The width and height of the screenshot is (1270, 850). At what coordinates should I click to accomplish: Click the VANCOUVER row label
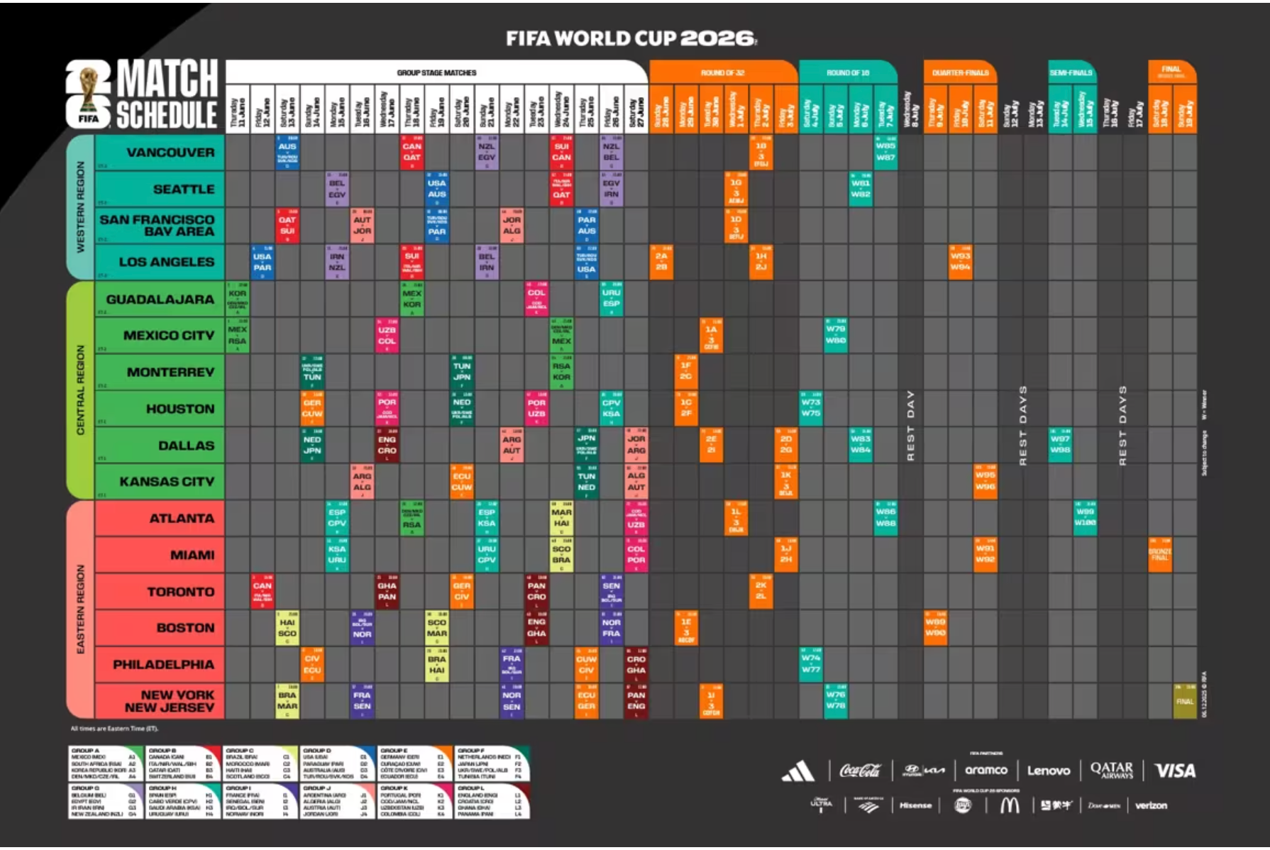[170, 153]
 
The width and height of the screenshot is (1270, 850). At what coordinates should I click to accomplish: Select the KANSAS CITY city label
[167, 482]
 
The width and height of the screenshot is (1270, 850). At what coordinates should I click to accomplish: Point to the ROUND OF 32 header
[722, 72]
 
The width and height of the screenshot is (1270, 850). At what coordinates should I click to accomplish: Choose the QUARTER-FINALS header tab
[960, 72]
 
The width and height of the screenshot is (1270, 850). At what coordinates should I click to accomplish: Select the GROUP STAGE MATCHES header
[436, 72]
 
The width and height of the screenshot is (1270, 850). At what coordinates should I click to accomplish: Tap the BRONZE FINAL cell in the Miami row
[1159, 554]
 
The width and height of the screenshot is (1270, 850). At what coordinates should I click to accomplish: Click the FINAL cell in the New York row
[1185, 701]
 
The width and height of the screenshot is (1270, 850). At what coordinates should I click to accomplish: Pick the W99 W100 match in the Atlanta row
[1085, 517]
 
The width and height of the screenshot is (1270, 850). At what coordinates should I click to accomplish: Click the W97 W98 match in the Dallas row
[1060, 445]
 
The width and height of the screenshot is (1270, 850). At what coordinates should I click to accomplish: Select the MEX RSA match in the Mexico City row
[237, 335]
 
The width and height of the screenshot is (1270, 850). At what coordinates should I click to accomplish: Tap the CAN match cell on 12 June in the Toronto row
[262, 591]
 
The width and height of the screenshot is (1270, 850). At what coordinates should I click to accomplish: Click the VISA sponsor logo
[1175, 771]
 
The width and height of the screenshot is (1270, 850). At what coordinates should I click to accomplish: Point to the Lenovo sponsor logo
[1048, 771]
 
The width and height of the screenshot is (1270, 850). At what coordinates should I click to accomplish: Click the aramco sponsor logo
[985, 771]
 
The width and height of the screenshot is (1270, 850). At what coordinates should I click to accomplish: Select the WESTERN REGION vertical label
[80, 207]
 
